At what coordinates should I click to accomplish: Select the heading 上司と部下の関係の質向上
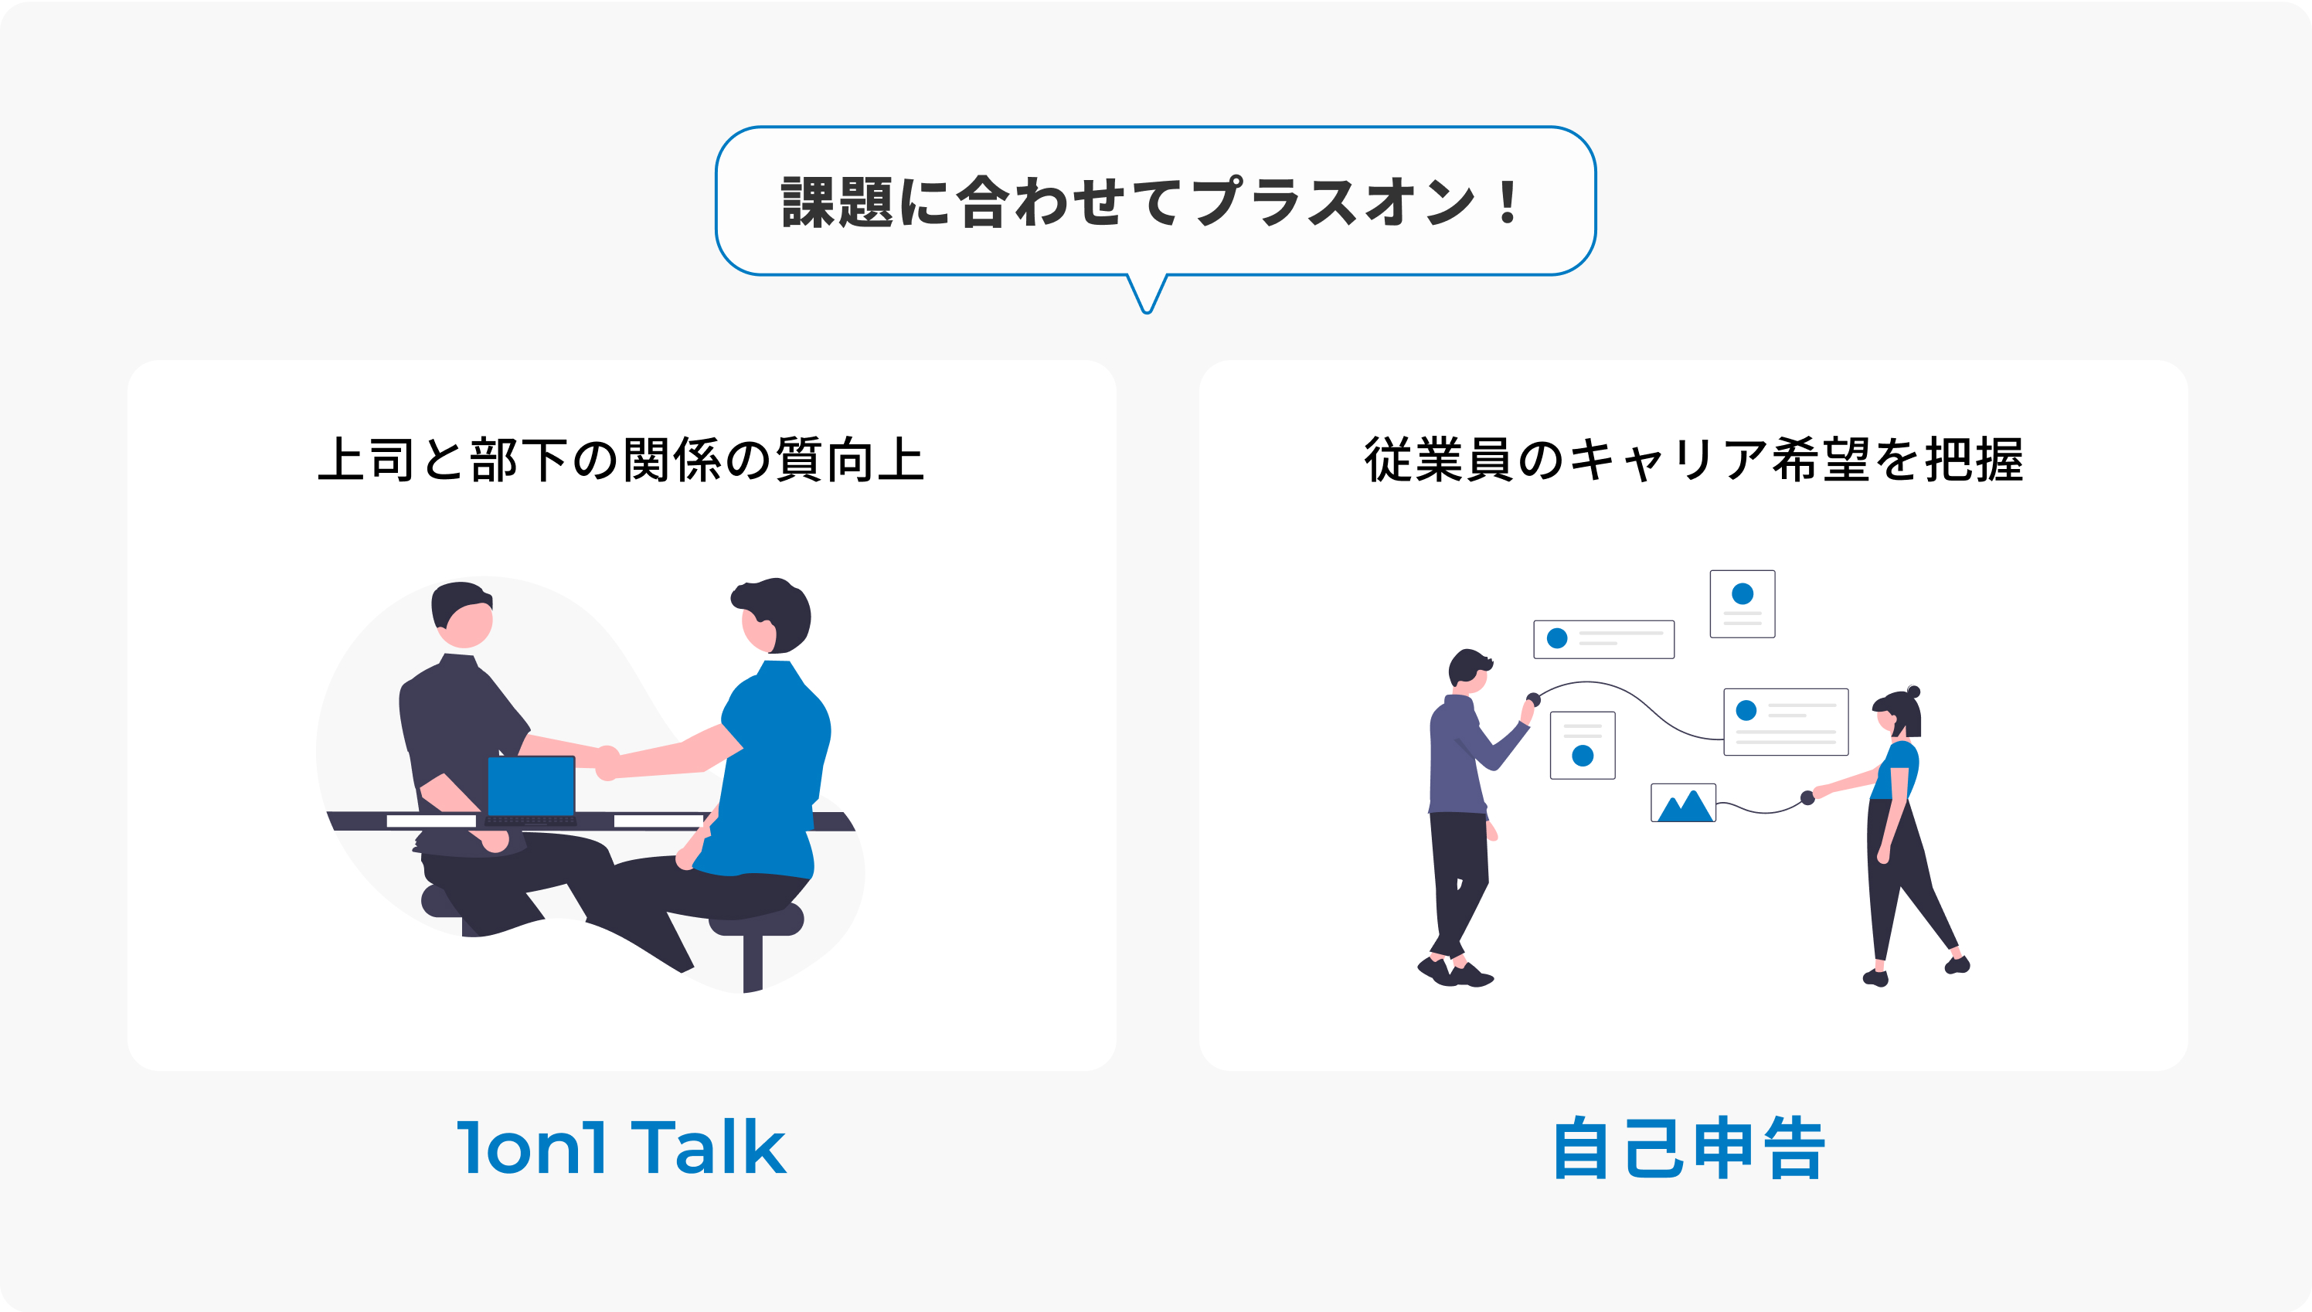pos(620,459)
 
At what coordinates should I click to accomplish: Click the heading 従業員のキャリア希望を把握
pos(1693,459)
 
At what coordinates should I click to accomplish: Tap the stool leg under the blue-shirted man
pos(753,963)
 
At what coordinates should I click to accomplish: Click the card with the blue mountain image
pos(1683,802)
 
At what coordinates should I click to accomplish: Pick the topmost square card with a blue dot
pos(1742,603)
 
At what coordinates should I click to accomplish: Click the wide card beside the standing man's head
pos(1604,639)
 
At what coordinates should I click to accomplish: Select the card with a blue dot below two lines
pos(1583,745)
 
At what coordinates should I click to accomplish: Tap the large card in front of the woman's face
pos(1786,722)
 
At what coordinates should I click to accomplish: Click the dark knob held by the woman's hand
pos(1807,797)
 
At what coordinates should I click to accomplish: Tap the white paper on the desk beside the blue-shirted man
pos(658,820)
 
